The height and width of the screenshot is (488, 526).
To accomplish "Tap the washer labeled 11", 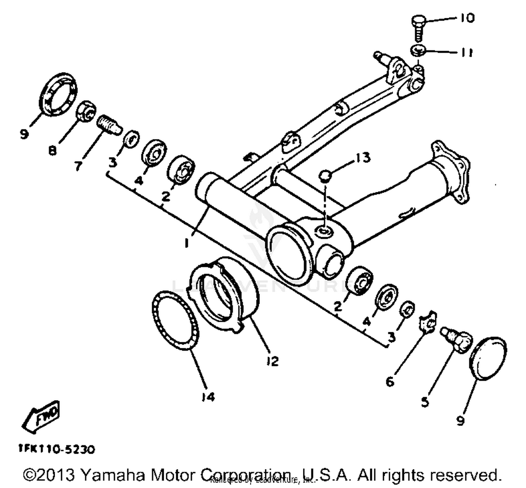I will pyautogui.click(x=418, y=51).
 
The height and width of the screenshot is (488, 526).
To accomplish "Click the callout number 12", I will pyautogui.click(x=272, y=361).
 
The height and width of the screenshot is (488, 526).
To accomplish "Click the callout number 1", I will pyautogui.click(x=187, y=242).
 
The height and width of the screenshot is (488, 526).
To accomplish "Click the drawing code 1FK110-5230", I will pyautogui.click(x=57, y=449).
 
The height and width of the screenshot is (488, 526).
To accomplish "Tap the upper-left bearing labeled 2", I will pyautogui.click(x=181, y=169).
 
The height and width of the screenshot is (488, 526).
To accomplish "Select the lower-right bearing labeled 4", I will pyautogui.click(x=386, y=298).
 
